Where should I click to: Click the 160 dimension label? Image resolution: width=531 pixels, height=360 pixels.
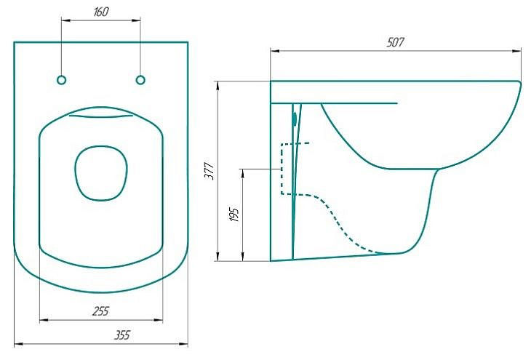[x=100, y=12]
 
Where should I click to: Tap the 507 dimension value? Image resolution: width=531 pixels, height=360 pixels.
[x=395, y=42]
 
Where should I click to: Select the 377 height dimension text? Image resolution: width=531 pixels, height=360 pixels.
[x=210, y=172]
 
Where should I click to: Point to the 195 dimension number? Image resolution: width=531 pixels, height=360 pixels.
[x=234, y=214]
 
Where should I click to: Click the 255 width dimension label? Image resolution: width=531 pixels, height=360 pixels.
[x=101, y=311]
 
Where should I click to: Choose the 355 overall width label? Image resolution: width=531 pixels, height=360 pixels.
[x=121, y=335]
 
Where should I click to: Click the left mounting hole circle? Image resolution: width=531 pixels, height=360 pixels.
[x=61, y=80]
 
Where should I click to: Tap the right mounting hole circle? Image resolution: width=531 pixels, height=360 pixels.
[x=140, y=80]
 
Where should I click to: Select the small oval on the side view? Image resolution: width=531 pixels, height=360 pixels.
[x=295, y=119]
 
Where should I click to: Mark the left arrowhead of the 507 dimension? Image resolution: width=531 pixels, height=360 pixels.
[x=275, y=51]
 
